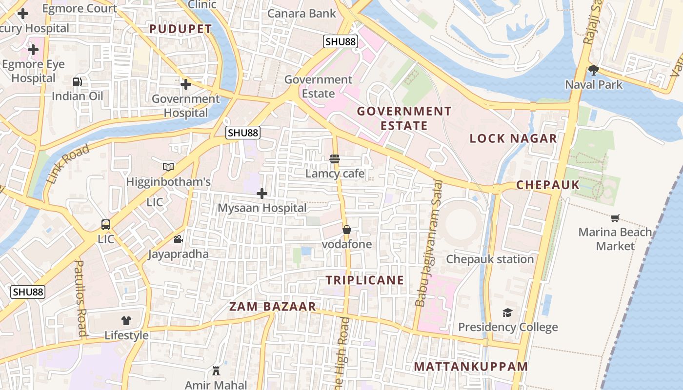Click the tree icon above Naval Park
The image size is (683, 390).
(x=594, y=70)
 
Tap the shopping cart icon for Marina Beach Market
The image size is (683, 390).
(x=615, y=218)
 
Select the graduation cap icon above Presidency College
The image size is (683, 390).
(x=508, y=312)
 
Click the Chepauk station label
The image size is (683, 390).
(x=490, y=259)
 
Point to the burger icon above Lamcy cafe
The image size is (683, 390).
(x=335, y=159)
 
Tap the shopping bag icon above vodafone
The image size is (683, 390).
(x=347, y=229)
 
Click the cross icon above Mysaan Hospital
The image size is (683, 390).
(x=262, y=194)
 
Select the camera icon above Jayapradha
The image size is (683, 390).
(x=179, y=239)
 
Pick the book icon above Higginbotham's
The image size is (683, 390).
(x=168, y=167)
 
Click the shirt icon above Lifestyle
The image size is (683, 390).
(x=126, y=320)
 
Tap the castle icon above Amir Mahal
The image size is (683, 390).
(x=216, y=370)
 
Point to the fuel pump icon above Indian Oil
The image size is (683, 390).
(x=78, y=82)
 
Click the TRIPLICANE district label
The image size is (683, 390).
(x=365, y=280)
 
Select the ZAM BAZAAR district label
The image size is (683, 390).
(x=272, y=307)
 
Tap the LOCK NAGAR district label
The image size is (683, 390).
(x=513, y=138)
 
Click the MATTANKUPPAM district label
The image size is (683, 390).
(x=471, y=367)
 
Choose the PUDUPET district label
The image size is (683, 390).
(x=181, y=29)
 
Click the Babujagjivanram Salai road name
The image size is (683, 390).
(x=428, y=244)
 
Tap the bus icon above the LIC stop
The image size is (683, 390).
(x=106, y=225)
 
